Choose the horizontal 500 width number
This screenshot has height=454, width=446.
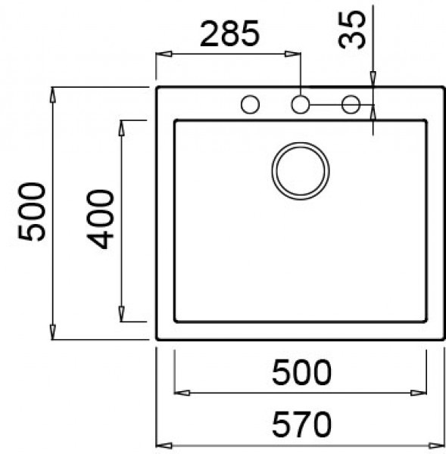point(301,372)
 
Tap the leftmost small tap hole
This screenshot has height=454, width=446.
point(249,105)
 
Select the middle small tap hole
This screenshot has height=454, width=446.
point(301,105)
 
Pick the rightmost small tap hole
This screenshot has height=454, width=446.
point(351,105)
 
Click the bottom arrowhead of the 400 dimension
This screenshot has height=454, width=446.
point(121,313)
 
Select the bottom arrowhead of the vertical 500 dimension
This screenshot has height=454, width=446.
point(54,331)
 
